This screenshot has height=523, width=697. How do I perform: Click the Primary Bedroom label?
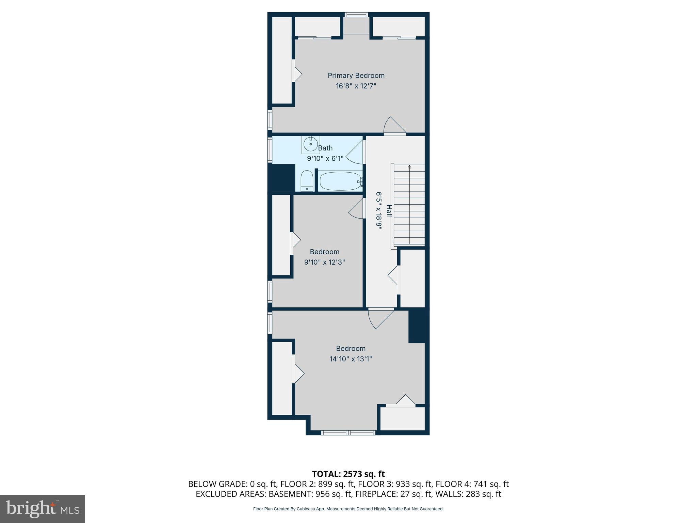[356, 76]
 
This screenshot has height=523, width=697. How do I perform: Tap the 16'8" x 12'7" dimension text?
[356, 86]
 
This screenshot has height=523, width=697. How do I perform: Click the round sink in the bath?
[310, 144]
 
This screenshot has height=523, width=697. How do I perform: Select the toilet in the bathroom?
[307, 181]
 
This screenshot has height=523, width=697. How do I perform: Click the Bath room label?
[325, 148]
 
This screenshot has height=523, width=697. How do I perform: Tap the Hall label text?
[389, 210]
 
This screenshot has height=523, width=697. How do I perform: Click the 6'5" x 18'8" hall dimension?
[379, 210]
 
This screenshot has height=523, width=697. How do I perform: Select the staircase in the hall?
[409, 205]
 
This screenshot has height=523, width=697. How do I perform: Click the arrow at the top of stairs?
[409, 167]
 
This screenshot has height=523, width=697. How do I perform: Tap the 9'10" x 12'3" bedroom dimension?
[324, 262]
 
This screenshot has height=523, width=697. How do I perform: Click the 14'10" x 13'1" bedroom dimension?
[351, 359]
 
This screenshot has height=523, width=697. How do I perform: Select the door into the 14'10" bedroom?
[379, 318]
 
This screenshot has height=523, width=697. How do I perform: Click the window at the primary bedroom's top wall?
[356, 15]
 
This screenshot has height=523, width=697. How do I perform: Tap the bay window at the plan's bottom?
[348, 433]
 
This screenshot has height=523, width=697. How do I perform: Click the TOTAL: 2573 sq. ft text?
[348, 474]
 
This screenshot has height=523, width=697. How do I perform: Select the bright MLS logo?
[43, 509]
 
